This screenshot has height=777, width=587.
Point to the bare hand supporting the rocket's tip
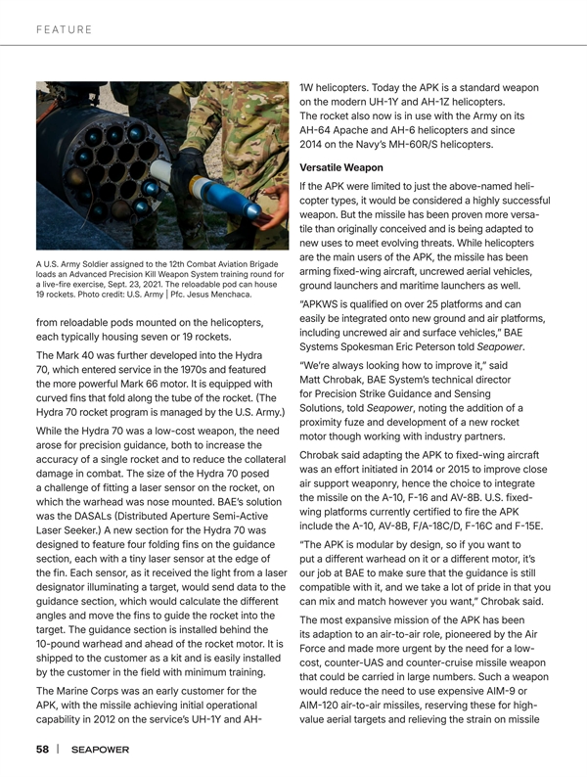[x=262, y=196]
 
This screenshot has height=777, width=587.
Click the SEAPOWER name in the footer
[x=99, y=749]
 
